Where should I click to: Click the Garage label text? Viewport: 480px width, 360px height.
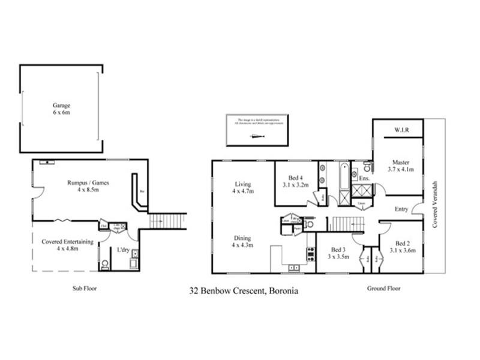[61, 105]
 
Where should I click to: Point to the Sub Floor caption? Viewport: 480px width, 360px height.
[85, 289]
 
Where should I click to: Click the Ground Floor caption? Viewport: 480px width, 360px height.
[383, 289]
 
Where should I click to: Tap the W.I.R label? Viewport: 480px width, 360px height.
[401, 130]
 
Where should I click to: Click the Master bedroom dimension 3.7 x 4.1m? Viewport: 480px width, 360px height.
[400, 170]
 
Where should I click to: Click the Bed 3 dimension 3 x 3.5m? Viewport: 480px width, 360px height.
[339, 256]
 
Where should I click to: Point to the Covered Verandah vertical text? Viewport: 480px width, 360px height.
[435, 204]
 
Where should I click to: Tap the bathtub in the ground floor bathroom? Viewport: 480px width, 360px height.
[344, 176]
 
